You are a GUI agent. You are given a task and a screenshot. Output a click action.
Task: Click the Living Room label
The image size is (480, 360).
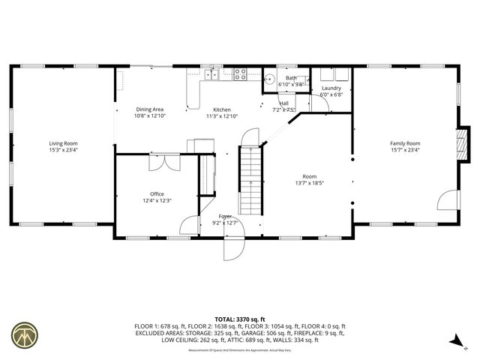pos(63,143)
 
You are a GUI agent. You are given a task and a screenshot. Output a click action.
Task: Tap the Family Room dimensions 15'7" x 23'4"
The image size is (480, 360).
pos(404,150)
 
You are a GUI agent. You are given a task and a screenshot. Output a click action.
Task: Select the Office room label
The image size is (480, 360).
pos(157,193)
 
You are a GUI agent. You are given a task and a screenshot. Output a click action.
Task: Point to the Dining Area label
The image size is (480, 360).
pos(149,109)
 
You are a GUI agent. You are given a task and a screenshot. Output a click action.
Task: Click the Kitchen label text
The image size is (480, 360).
pos(221,109)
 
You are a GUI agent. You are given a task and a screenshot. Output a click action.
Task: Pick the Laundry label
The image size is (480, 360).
pos(331,88)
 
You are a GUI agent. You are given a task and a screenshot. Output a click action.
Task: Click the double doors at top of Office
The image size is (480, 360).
pos(164,162)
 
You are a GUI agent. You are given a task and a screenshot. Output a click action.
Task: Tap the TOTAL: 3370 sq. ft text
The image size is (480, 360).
pos(240,319)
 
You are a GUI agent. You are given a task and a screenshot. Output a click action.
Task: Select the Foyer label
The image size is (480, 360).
pos(225,215)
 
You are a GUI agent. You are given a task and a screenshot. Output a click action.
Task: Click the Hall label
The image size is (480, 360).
pos(284,103)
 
